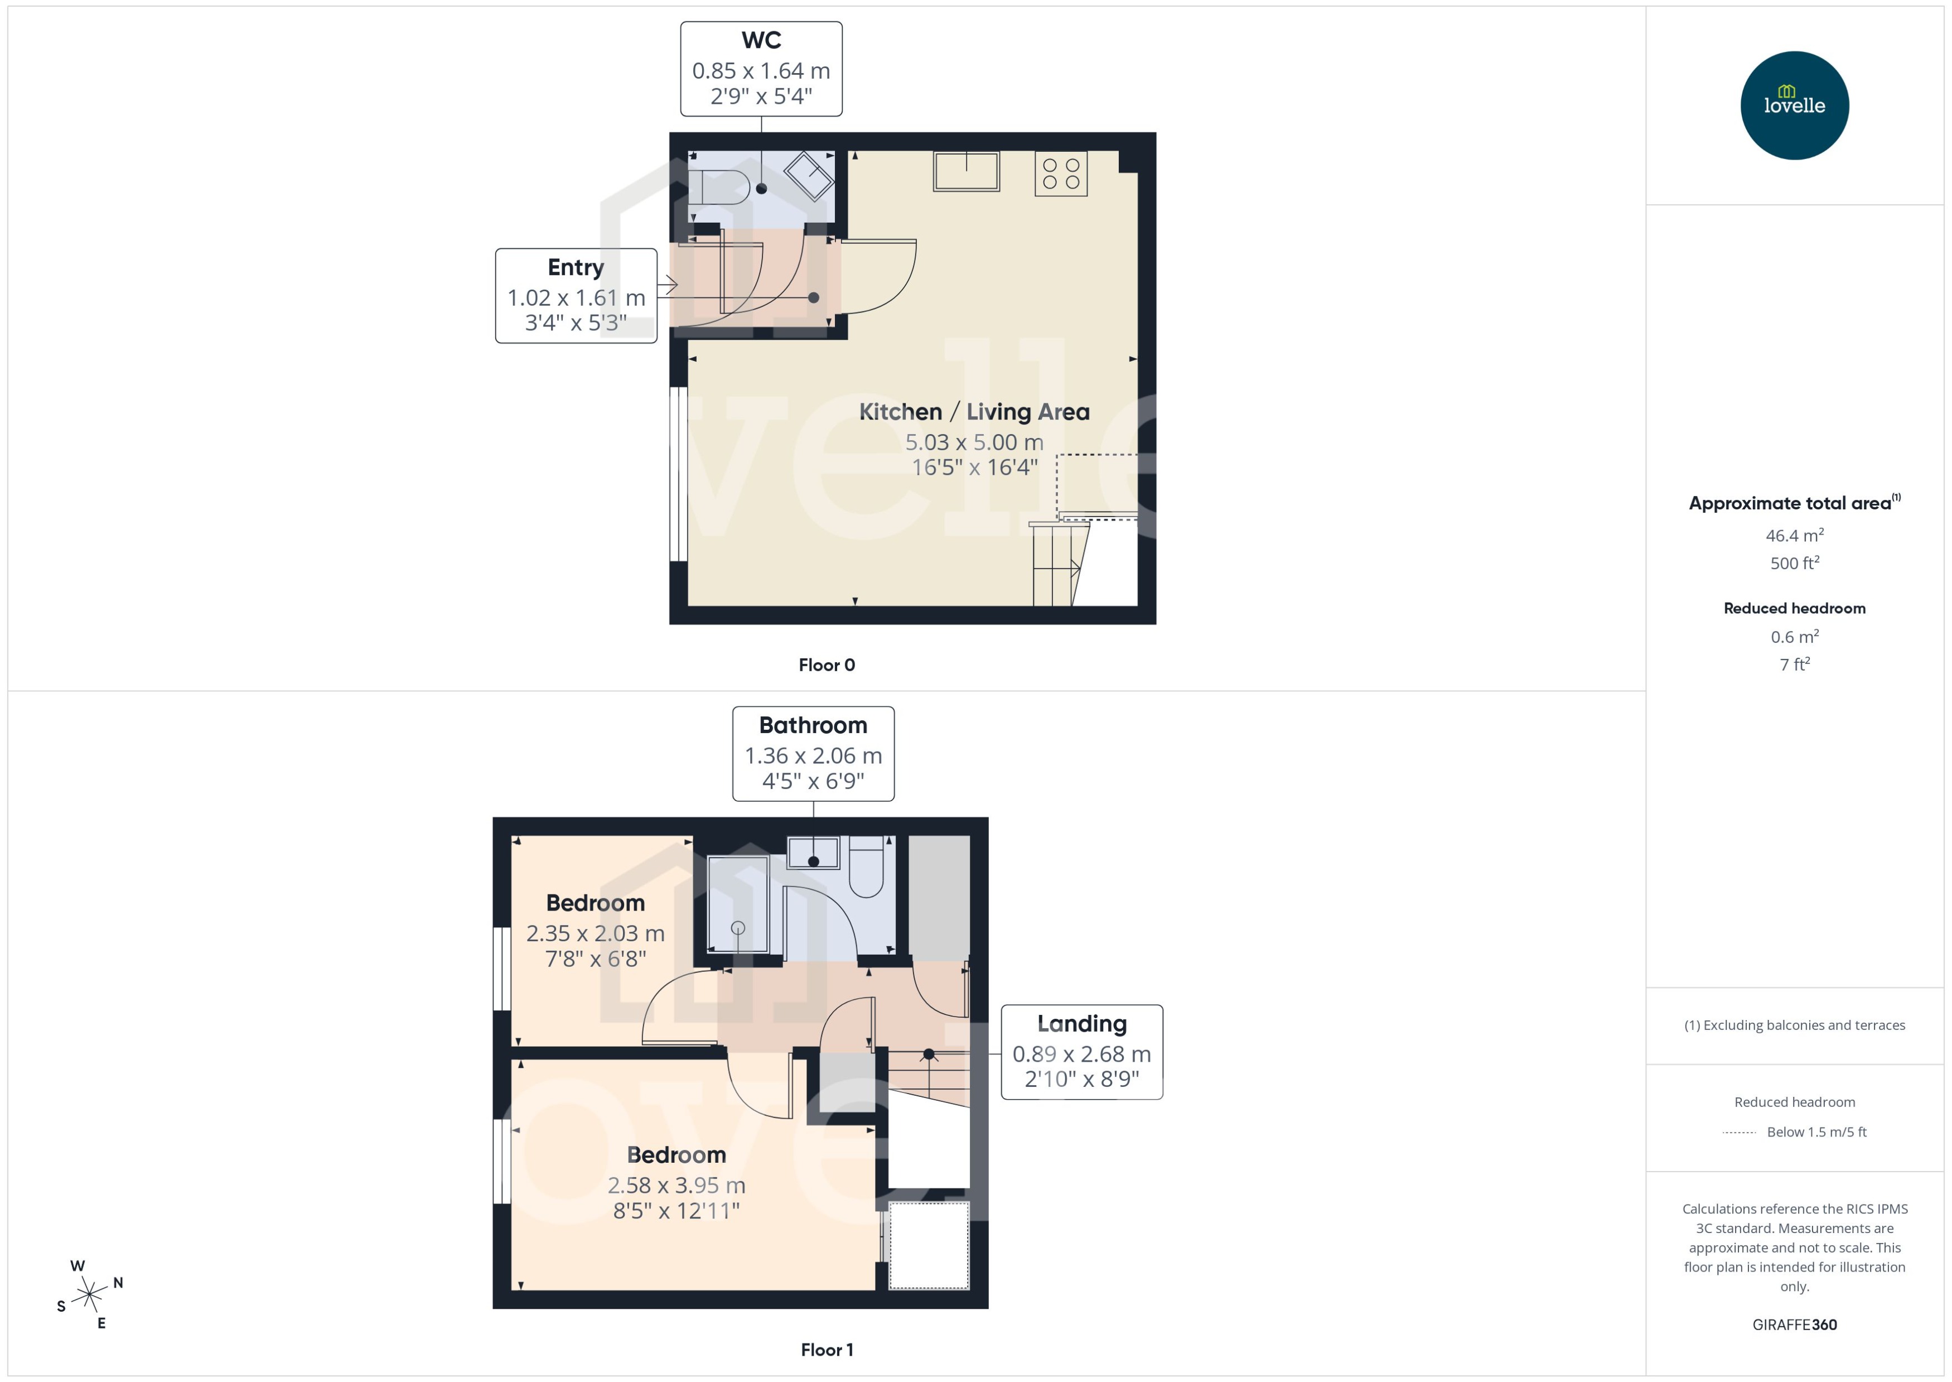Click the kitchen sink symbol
[x=965, y=172]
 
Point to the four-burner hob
[x=1061, y=174]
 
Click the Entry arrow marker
[x=668, y=285]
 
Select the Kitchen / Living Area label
[x=973, y=412]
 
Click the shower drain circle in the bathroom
[x=737, y=928]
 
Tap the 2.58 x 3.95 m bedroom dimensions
[x=676, y=1186]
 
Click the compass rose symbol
[x=89, y=1295]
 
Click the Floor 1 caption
[x=826, y=1350]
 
